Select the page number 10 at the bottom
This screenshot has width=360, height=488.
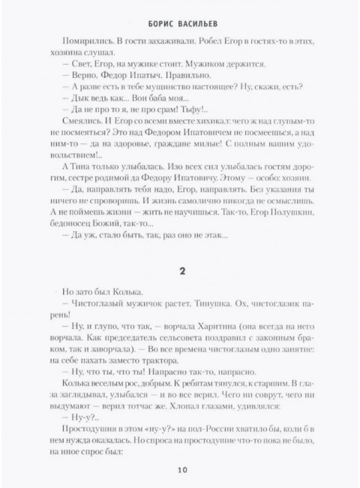(180, 471)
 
